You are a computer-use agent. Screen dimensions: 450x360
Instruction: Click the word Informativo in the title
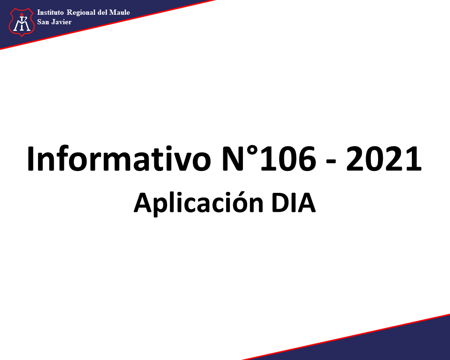point(119,159)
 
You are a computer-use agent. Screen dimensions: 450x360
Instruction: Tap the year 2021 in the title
point(383,159)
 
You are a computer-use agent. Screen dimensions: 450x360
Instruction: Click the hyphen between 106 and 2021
point(331,162)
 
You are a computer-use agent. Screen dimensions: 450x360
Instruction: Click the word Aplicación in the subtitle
point(198,202)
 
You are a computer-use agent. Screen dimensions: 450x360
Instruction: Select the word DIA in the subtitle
point(293,203)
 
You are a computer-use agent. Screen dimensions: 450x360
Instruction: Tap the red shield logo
point(21,22)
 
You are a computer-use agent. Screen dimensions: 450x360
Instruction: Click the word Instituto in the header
point(50,12)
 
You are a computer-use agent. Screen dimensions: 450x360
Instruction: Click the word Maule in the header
point(120,13)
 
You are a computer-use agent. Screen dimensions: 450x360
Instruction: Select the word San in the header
point(43,22)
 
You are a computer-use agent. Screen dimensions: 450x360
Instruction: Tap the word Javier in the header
point(61,22)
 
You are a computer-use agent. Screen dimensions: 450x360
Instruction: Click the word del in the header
point(102,13)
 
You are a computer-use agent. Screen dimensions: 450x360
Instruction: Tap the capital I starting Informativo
point(30,159)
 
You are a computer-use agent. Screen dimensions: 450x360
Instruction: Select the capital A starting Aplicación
point(143,203)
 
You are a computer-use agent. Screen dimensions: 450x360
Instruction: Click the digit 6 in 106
point(307,159)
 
